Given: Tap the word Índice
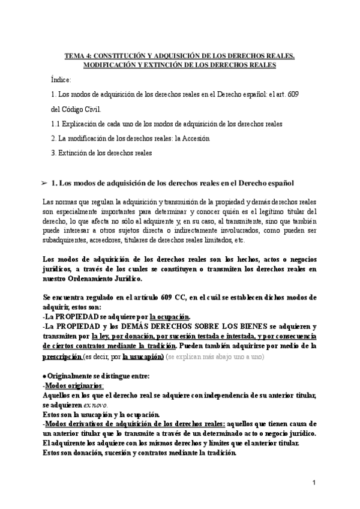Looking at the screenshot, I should pos(61,79).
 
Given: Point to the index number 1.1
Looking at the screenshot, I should pos(56,124).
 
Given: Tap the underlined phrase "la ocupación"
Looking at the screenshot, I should pos(170,316).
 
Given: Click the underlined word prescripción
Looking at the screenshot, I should pos(62,356).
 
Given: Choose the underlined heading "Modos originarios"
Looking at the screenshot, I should pos(71,386).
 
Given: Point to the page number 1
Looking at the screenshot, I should pos(314,483).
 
